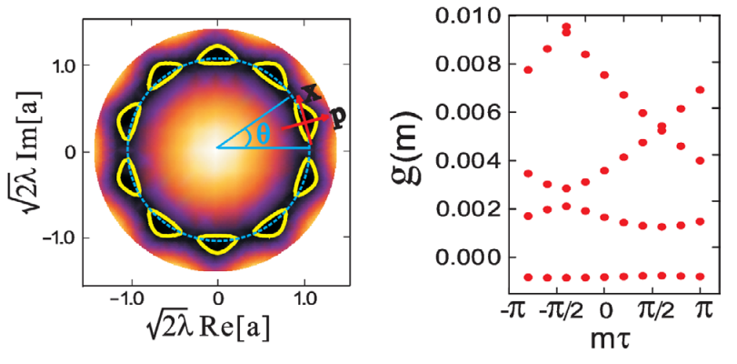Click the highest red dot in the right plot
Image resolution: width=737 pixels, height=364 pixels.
tap(566, 27)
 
